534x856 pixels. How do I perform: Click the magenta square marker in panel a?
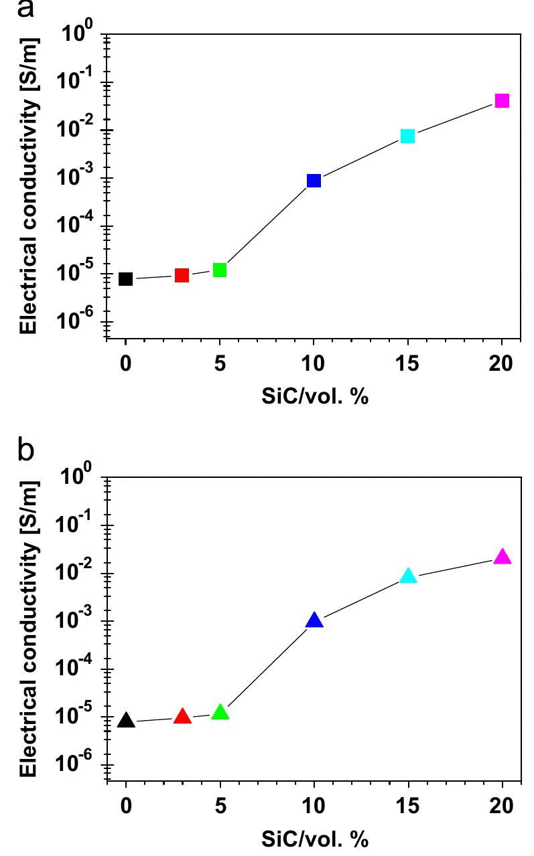tap(501, 101)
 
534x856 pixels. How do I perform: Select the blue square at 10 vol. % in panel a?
tap(314, 181)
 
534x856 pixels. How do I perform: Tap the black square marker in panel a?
tap(125, 279)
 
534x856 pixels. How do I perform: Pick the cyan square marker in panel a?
tap(407, 136)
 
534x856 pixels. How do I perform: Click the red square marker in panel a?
tap(182, 275)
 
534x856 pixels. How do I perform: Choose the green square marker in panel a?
tap(219, 270)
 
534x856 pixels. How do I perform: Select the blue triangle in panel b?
tap(314, 621)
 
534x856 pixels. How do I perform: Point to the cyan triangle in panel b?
tap(408, 576)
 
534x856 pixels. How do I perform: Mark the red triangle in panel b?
tap(182, 717)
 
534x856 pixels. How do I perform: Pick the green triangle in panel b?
tap(220, 712)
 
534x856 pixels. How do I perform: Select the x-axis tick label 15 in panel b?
tap(407, 804)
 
